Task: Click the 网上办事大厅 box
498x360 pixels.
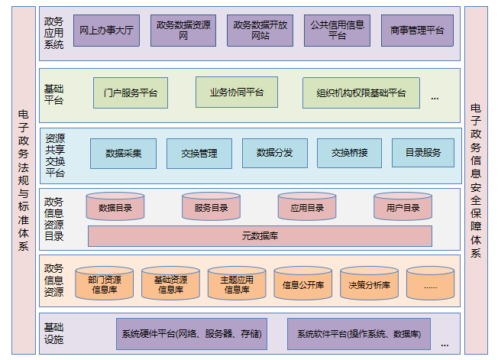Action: pos(106,30)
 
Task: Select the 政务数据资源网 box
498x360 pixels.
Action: pos(183,30)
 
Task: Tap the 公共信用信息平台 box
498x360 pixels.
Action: pos(337,30)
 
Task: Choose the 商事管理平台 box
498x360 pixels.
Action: pos(416,30)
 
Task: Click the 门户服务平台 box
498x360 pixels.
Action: pos(130,92)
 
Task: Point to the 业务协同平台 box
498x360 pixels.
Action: pos(236,92)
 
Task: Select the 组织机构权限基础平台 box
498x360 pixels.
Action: pos(361,92)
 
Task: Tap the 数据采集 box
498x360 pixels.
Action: pos(122,153)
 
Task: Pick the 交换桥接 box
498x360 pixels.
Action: pos(349,153)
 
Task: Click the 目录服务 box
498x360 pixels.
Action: pos(422,153)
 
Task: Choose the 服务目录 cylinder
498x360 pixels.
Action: pos(211,206)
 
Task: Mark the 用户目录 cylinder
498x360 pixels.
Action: pos(403,206)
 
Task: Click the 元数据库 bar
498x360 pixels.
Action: pos(260,236)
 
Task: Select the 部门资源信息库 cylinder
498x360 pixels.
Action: pos(104,284)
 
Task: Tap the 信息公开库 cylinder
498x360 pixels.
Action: pos(303,284)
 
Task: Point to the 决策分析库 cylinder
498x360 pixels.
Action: pos(369,284)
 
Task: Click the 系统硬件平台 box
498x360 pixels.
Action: pos(191,334)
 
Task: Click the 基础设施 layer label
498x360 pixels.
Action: pos(53,333)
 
